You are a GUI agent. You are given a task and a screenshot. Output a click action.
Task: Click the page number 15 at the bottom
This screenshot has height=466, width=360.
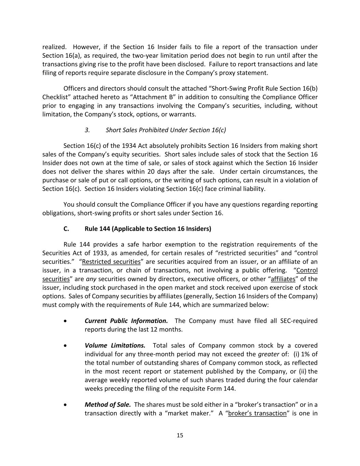point(180,435)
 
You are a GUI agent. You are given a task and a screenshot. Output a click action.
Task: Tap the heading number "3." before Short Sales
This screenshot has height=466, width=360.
point(87,130)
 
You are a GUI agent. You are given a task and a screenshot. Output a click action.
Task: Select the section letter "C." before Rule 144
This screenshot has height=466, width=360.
point(66,229)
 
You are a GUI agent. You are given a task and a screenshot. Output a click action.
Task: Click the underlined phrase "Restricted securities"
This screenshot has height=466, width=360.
point(111,262)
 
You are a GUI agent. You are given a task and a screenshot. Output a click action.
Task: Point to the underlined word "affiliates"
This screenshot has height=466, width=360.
point(283,279)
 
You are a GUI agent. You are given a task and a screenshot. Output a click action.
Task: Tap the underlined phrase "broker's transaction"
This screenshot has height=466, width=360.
point(257,413)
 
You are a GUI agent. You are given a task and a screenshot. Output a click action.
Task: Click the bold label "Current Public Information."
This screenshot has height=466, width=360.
point(126,321)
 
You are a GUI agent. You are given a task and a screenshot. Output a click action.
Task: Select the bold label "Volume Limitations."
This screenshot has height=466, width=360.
point(115,345)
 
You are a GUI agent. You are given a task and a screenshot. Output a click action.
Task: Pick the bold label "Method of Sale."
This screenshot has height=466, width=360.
point(108,405)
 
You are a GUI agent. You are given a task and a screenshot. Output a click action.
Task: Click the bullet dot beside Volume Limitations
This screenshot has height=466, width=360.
point(65,346)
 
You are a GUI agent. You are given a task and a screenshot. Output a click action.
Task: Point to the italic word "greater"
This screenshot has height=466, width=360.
point(269,354)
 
